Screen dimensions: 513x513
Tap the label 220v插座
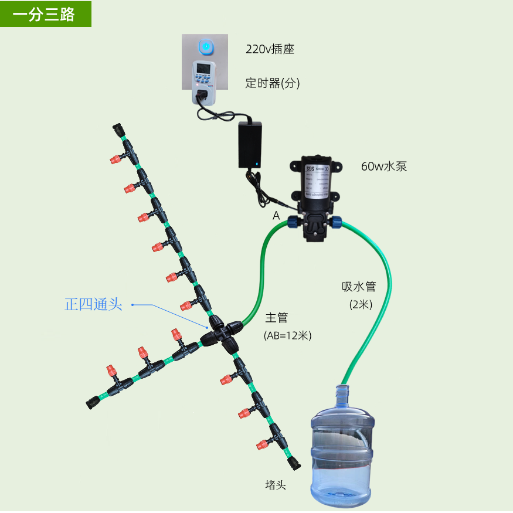pos(270,49)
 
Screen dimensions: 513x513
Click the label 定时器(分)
pos(273,83)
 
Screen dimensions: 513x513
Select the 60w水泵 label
pos(384,167)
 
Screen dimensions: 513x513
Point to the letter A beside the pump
pos(276,216)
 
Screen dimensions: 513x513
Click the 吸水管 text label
pos(358,287)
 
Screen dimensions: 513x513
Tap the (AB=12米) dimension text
pos(287,335)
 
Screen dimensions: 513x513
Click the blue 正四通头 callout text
pos(93,304)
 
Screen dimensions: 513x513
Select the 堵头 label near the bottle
pos(276,485)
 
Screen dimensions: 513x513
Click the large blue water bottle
pos(341,446)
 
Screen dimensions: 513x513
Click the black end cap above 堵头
pos(293,463)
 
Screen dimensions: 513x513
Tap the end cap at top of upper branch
pos(119,130)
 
